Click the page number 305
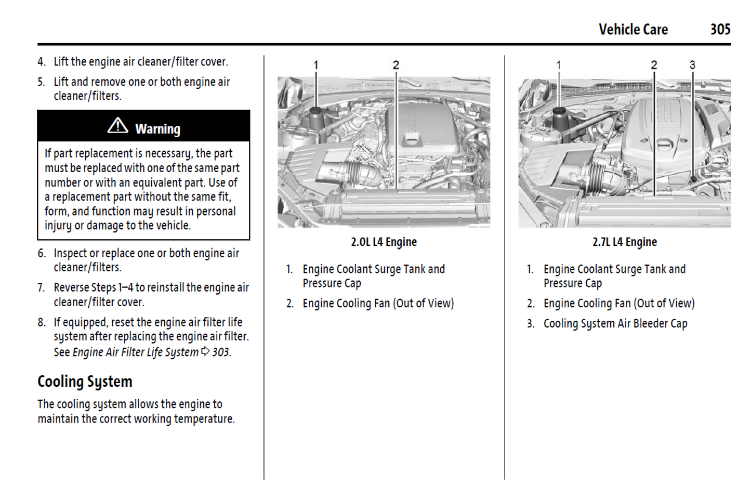click(x=720, y=30)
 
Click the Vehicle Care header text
click(x=633, y=30)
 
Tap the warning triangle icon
click(x=118, y=126)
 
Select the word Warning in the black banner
click(x=157, y=128)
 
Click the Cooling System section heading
click(x=85, y=382)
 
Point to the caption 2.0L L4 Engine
click(x=384, y=242)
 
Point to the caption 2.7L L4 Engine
click(x=624, y=242)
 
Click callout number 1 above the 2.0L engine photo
click(x=315, y=65)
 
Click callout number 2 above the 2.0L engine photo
click(x=396, y=65)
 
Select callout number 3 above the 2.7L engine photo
click(x=692, y=65)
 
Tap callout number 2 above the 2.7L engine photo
click(x=654, y=65)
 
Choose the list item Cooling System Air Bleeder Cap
click(x=615, y=324)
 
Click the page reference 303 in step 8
click(x=220, y=352)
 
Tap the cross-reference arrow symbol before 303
click(x=205, y=351)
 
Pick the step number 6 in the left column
click(x=42, y=254)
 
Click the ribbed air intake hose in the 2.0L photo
click(x=355, y=172)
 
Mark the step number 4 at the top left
click(x=42, y=62)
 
